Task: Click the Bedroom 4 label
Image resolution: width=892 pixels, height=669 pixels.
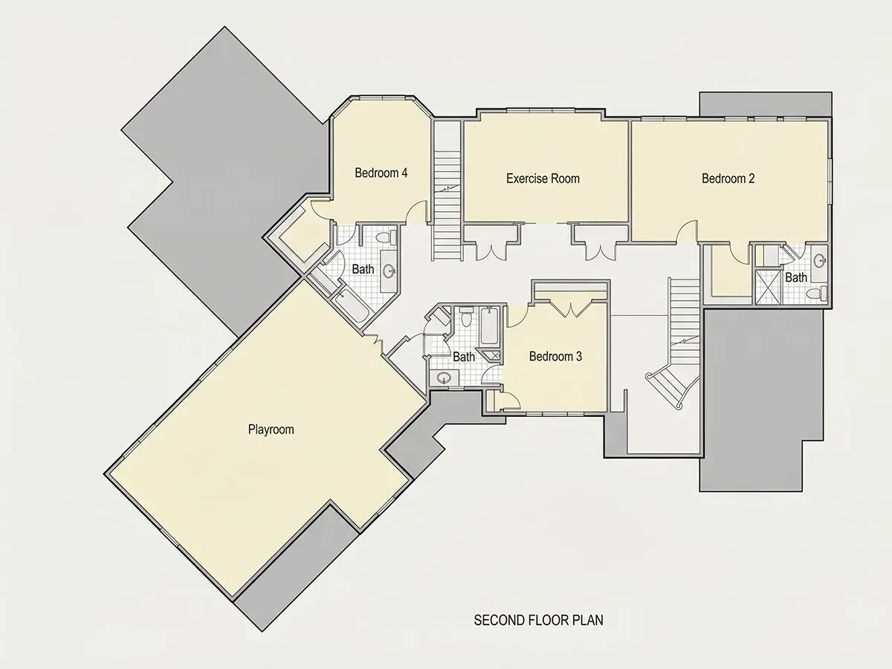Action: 381,173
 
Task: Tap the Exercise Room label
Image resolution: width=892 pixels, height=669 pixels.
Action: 543,178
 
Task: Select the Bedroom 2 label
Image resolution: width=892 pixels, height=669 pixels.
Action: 728,178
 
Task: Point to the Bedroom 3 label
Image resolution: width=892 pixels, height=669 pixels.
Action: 555,356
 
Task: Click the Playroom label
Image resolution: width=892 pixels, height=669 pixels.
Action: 271,430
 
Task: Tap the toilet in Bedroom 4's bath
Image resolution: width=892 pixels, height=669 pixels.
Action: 386,237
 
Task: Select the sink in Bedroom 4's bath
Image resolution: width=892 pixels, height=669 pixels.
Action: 389,271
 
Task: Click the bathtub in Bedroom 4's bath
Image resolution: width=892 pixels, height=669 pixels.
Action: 350,305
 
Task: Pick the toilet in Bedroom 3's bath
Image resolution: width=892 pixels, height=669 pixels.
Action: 467,317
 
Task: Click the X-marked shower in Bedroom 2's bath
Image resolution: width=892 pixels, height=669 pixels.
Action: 768,287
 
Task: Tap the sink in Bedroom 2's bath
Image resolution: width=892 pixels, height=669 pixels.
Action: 820,260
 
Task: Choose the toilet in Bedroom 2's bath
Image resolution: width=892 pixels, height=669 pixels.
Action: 816,294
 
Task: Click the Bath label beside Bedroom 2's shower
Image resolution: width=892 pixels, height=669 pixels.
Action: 795,277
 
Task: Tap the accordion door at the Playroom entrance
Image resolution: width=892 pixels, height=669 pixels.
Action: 375,343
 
